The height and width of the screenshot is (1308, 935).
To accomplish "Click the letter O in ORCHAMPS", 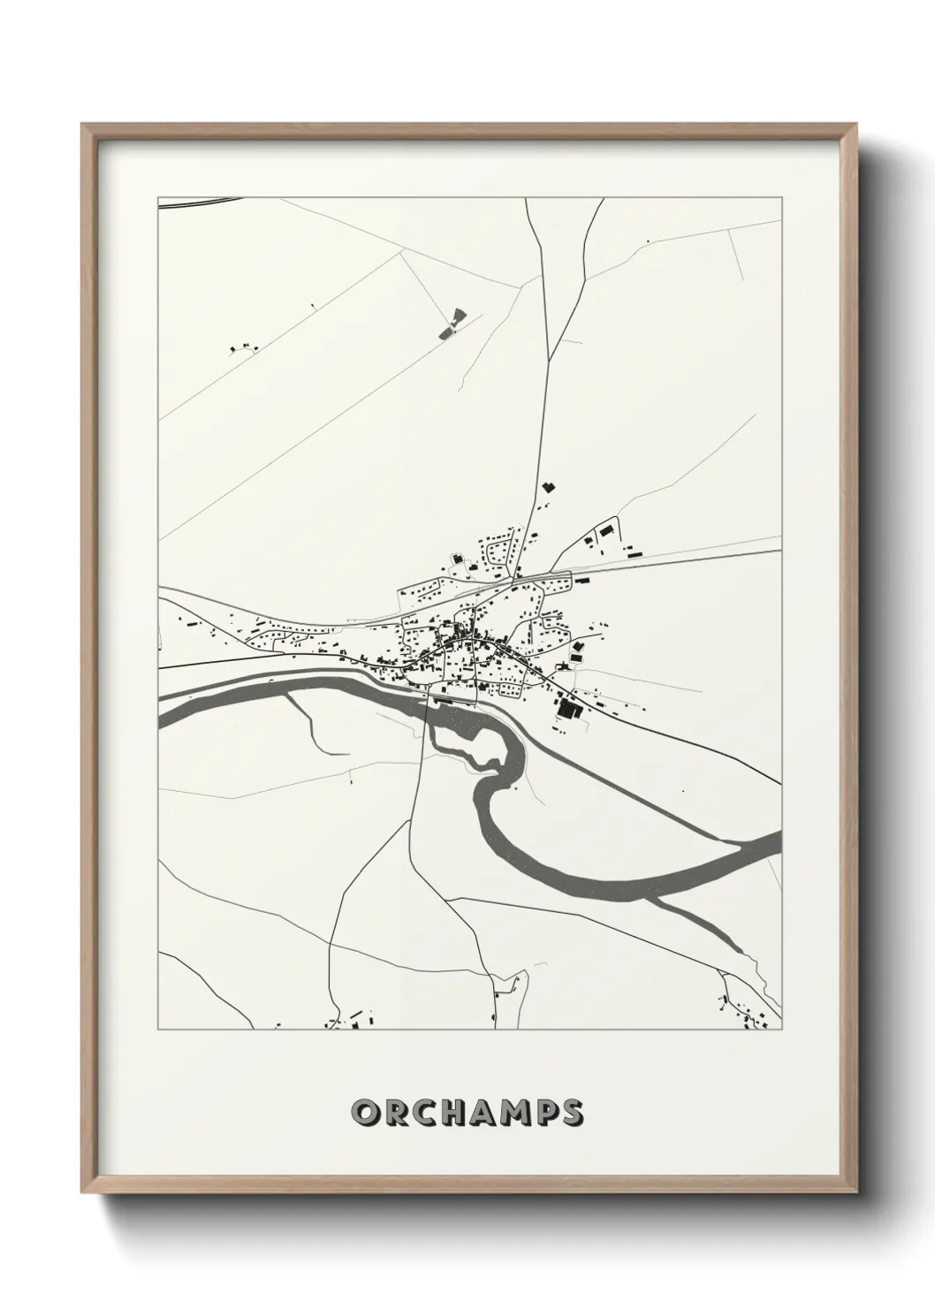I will (x=364, y=1113).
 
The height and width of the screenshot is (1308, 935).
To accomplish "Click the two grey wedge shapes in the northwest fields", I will (x=450, y=323).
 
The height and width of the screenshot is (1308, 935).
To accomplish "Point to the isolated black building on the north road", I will (x=548, y=486).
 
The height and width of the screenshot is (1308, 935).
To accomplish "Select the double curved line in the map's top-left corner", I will (x=199, y=202).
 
